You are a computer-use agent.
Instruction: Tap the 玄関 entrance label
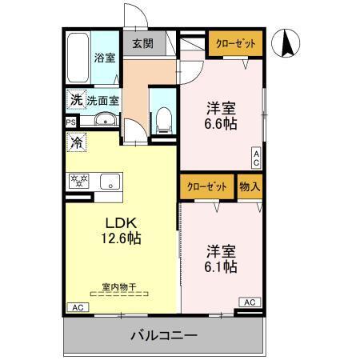(x=143, y=44)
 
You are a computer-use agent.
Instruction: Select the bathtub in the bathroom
(x=77, y=58)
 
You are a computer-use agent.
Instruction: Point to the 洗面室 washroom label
(x=103, y=101)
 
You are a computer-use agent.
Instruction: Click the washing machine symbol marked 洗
(x=75, y=101)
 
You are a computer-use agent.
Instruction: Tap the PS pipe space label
(x=70, y=122)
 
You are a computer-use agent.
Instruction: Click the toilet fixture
(x=163, y=119)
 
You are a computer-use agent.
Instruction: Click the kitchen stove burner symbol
(x=78, y=180)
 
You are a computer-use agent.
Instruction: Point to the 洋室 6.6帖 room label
(x=221, y=117)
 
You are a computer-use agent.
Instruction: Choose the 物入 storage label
(x=250, y=186)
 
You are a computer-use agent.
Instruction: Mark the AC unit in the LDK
(x=78, y=307)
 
